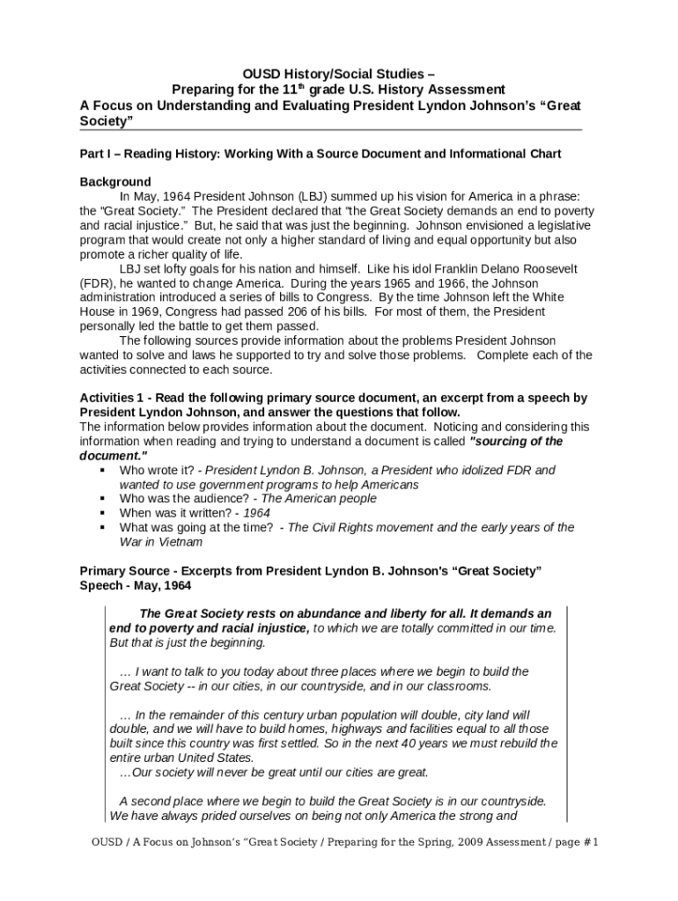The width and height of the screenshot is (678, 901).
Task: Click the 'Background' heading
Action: click(115, 182)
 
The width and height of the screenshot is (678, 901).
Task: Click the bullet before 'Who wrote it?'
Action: click(102, 470)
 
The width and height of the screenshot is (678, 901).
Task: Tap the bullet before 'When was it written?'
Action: click(102, 513)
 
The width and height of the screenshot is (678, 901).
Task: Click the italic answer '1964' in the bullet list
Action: click(256, 513)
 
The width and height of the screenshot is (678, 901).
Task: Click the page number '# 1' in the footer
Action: click(589, 843)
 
